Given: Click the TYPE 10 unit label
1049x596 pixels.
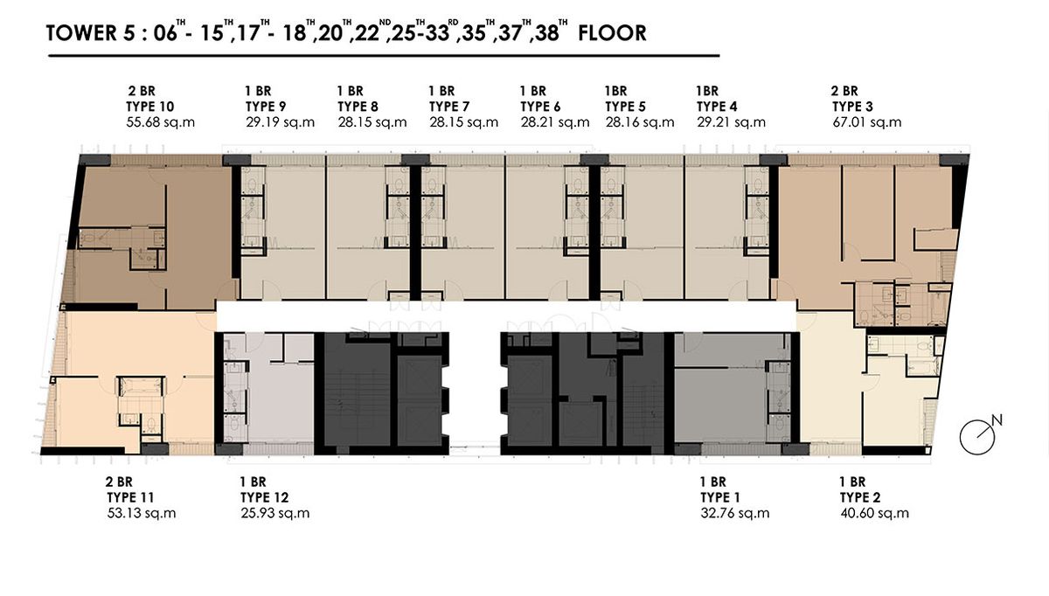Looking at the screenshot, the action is (149, 107).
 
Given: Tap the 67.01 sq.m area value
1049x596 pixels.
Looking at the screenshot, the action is (867, 122).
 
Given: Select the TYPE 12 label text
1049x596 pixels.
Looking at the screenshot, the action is (265, 497).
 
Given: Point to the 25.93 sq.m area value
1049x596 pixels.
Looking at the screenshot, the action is (275, 514).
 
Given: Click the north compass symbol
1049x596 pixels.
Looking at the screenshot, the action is (979, 435).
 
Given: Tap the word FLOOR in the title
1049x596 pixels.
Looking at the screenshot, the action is (612, 33).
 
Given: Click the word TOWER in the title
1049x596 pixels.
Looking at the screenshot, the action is (81, 33).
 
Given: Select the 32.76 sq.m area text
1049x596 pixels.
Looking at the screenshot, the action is (735, 514).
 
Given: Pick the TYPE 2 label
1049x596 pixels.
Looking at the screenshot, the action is (860, 497).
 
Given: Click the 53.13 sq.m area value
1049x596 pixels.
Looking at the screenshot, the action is (142, 514).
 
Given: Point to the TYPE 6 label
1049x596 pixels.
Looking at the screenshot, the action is (540, 107).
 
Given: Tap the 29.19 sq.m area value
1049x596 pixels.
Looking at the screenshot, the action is (280, 122).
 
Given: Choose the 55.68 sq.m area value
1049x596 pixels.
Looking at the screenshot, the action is (160, 122).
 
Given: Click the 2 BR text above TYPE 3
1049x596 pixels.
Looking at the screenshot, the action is (844, 91).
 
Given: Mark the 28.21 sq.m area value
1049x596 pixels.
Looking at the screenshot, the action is (555, 122).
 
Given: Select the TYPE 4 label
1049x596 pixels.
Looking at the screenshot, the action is (717, 107).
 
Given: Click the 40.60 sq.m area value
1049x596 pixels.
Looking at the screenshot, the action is (874, 514).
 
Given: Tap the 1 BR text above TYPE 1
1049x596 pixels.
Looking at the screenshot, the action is (712, 482).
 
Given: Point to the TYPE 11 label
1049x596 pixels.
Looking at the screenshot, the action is (130, 497).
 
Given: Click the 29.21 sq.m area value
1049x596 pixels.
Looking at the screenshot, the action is (731, 122).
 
